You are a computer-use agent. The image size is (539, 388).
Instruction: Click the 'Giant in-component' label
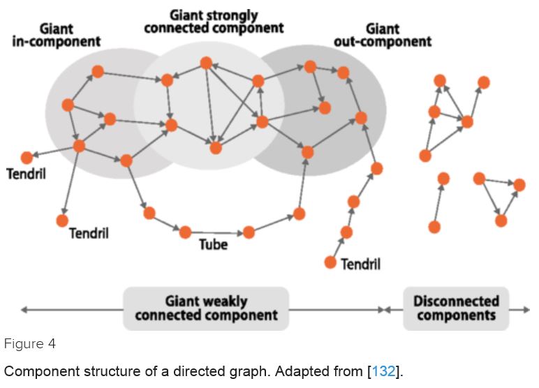[56, 35]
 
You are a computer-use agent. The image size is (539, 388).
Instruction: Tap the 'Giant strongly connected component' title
[214, 22]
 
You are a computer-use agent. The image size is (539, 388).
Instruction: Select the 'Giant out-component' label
[383, 35]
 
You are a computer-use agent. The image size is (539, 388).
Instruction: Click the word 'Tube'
[213, 245]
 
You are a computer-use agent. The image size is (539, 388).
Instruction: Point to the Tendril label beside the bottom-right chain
[360, 264]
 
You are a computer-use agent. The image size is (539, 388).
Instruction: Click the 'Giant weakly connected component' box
[206, 308]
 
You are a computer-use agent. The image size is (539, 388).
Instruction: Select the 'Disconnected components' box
[456, 308]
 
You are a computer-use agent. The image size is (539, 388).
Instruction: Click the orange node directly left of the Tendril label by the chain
[331, 262]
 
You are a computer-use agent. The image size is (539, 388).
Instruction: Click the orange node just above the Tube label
[185, 232]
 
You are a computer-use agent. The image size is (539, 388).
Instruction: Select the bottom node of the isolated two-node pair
[434, 227]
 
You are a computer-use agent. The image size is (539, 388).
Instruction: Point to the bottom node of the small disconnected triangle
[501, 221]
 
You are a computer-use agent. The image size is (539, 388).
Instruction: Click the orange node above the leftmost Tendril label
[27, 158]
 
